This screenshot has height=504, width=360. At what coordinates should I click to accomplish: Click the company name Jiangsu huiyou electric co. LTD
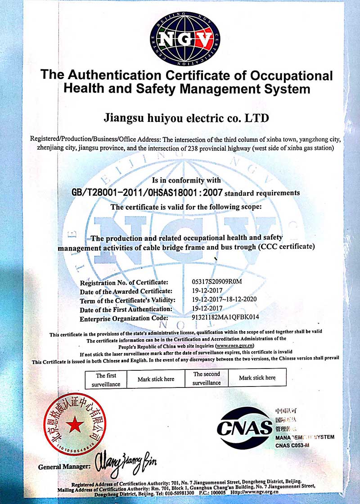(186, 118)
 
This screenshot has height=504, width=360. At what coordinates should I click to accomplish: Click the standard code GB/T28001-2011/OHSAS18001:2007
(147, 193)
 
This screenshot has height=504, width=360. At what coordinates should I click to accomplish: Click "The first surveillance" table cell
(106, 380)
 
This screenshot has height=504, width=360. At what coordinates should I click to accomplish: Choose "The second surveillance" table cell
(207, 378)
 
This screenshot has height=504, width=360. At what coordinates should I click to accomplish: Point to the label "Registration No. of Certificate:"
(124, 283)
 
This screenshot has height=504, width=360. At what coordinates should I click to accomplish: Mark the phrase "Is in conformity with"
(186, 180)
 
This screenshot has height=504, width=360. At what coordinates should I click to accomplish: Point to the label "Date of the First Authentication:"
(126, 309)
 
